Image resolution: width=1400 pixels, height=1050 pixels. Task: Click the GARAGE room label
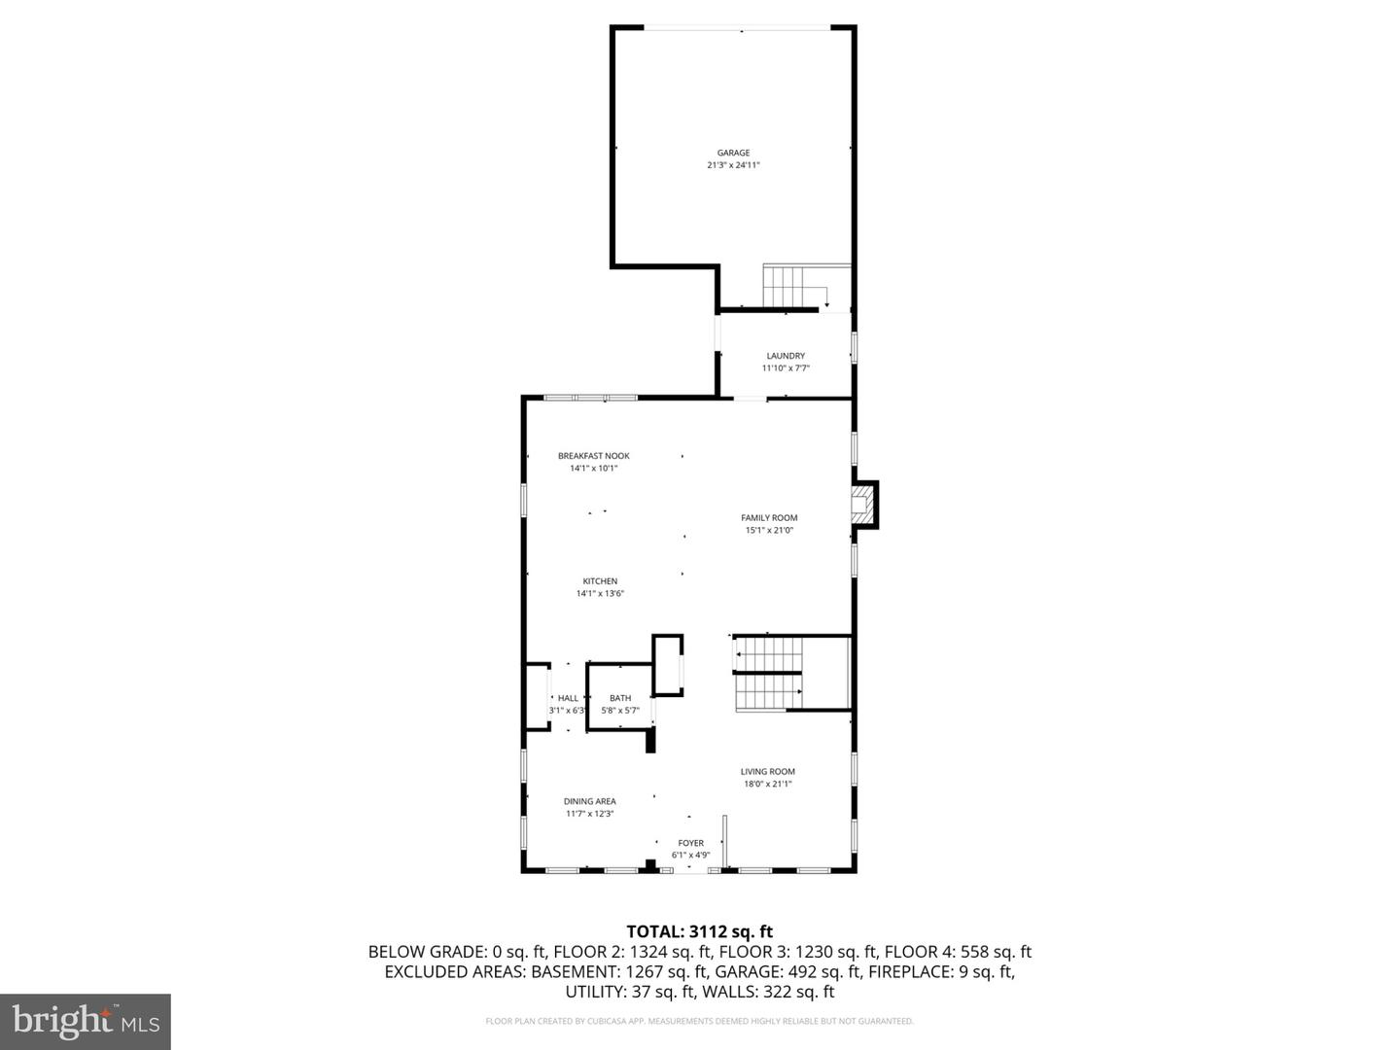(x=733, y=153)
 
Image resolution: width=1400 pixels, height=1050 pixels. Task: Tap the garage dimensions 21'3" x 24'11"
(x=733, y=165)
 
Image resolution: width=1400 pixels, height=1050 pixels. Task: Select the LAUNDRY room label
(x=786, y=356)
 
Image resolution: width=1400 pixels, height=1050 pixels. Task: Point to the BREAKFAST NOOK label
(x=593, y=456)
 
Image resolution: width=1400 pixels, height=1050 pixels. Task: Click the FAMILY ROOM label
(x=769, y=518)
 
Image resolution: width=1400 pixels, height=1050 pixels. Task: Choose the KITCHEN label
(x=600, y=581)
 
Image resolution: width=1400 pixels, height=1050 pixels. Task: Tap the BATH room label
(x=620, y=698)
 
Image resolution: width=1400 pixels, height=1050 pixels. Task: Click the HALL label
(x=568, y=698)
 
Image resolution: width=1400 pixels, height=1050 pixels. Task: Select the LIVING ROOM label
(x=768, y=772)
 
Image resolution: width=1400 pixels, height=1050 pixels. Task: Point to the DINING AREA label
(x=589, y=802)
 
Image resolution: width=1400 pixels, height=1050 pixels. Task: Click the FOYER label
(x=690, y=844)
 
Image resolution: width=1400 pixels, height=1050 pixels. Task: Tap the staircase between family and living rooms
(x=768, y=674)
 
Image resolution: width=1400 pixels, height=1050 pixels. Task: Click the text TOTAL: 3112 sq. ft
(x=699, y=932)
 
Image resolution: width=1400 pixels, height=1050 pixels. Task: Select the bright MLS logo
(x=86, y=1021)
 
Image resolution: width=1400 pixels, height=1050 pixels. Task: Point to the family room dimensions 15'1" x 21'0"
(x=769, y=531)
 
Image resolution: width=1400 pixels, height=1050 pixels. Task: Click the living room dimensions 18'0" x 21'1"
(x=768, y=784)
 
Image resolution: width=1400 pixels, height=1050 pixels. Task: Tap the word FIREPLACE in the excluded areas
(x=913, y=972)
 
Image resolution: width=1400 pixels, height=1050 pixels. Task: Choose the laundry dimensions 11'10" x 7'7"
(x=786, y=368)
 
